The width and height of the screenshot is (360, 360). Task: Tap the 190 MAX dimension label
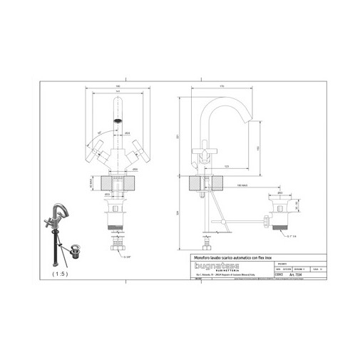[242, 183]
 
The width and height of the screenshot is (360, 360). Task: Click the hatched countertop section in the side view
[205, 183]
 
